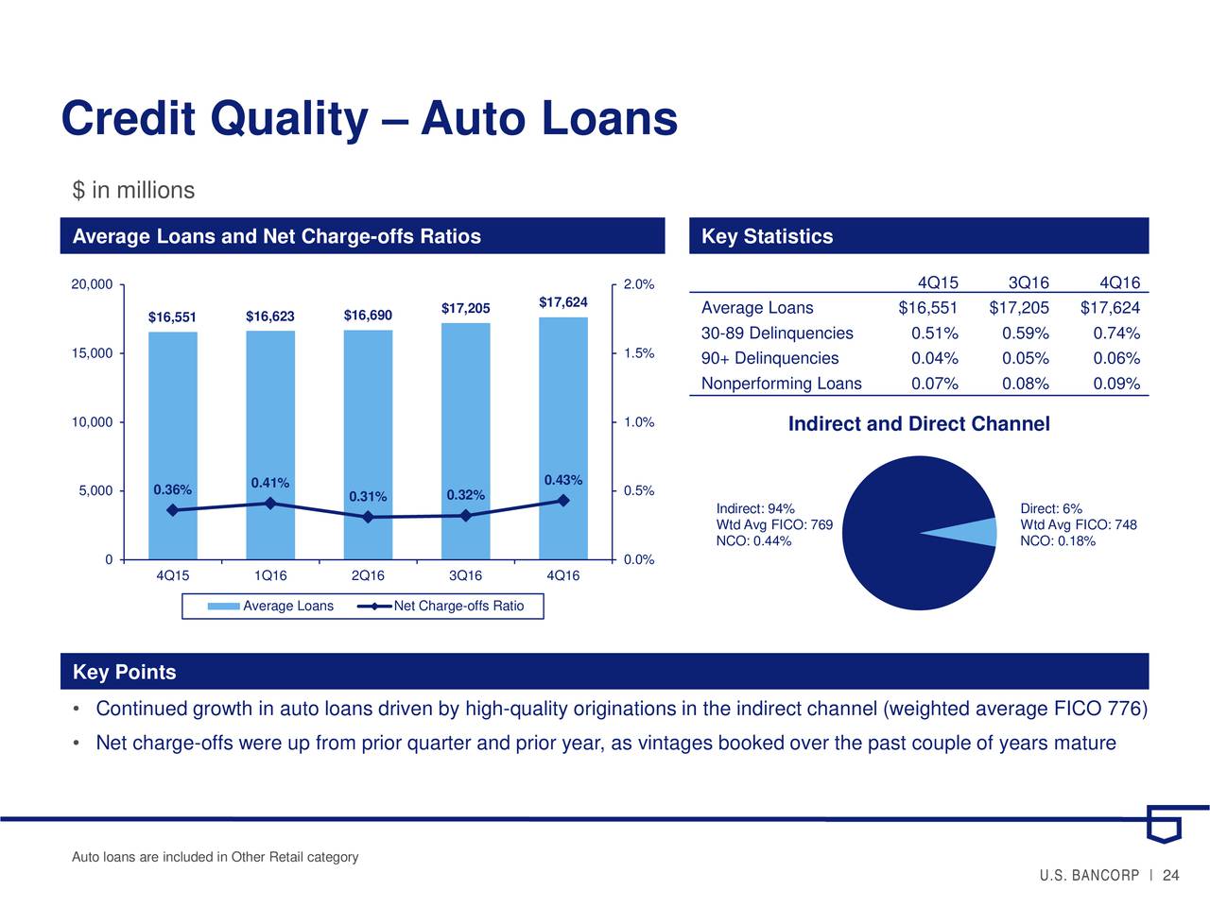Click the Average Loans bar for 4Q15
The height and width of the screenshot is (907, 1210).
coord(173,446)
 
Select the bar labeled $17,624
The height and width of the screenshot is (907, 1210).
coord(562,438)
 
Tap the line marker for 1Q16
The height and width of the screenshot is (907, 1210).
coord(270,504)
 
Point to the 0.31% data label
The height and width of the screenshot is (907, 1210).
coord(368,497)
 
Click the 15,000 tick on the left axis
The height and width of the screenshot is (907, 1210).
coord(92,353)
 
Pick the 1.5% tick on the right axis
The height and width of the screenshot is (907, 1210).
coord(639,353)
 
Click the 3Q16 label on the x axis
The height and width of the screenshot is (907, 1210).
coord(465,575)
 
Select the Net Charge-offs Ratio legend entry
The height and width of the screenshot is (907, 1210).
coord(441,606)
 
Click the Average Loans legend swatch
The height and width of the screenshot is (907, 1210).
coord(223,607)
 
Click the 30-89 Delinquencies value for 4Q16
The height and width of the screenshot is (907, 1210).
coord(1116,334)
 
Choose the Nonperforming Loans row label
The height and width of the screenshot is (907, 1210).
coord(781,384)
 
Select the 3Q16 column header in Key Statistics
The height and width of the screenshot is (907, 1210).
coord(1028,282)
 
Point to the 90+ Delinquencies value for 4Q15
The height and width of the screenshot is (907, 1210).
coord(934,358)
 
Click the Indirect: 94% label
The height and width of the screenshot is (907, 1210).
coord(755,508)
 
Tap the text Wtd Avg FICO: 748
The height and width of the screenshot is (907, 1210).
coord(1079,524)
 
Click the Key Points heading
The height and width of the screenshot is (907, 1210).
coord(125,672)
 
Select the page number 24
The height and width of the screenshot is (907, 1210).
coord(1171,875)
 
